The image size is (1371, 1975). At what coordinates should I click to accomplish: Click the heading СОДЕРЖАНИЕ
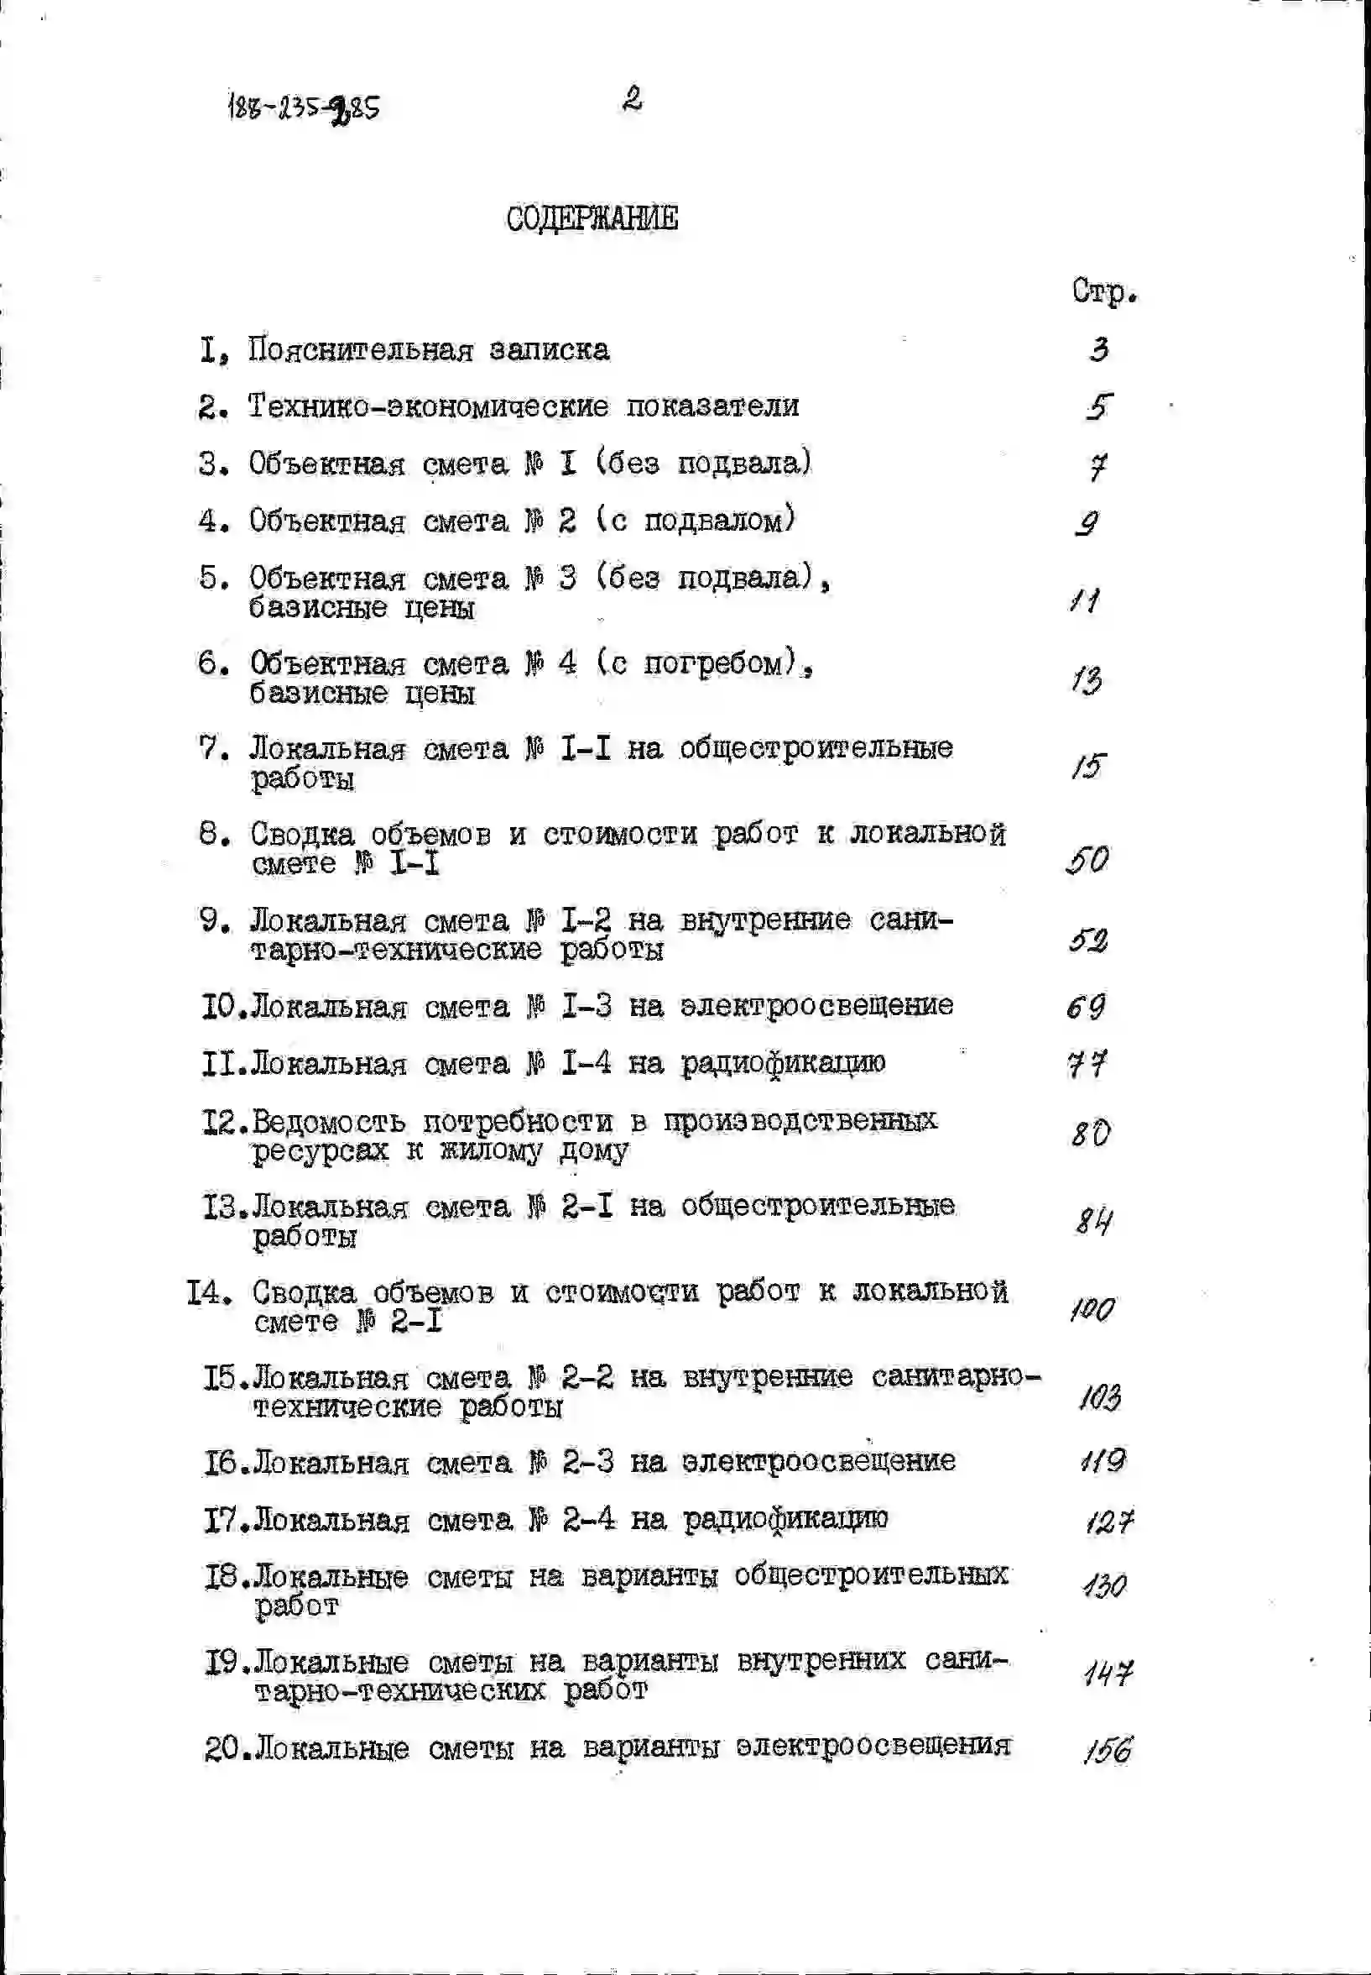(592, 219)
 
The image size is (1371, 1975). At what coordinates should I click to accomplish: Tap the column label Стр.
(1104, 292)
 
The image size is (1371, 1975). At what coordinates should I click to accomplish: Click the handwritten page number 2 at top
(633, 100)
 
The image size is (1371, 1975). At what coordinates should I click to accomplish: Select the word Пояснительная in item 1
(361, 350)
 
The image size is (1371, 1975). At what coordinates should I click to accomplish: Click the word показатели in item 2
(712, 406)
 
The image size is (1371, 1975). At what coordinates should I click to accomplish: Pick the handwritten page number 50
(1087, 859)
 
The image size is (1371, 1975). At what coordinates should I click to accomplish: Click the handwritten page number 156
(1108, 1750)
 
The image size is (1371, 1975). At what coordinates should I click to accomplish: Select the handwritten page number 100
(1092, 1310)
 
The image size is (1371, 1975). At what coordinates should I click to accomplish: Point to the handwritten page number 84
(1093, 1220)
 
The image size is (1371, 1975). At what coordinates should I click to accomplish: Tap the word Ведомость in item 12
(329, 1123)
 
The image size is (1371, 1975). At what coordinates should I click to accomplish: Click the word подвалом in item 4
(715, 521)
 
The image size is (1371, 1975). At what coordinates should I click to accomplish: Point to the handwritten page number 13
(1087, 681)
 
